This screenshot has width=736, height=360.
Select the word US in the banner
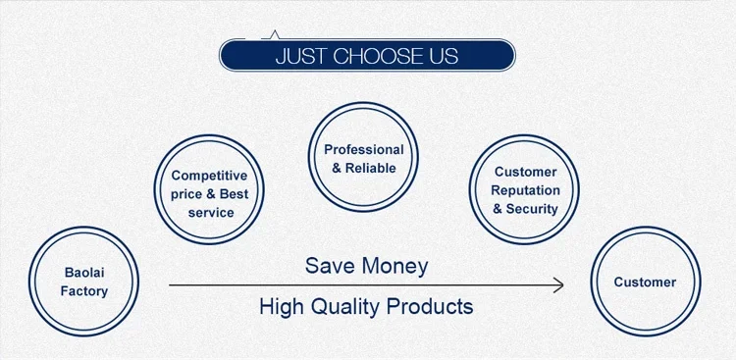444,56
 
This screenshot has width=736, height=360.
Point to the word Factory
84,291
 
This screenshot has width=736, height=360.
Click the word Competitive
209,176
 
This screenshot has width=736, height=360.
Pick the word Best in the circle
234,194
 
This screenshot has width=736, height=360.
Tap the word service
211,213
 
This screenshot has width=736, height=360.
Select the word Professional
364,150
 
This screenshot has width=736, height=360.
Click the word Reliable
371,168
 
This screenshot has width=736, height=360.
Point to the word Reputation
525,191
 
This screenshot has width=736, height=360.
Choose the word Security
532,209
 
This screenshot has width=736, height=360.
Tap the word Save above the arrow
326,266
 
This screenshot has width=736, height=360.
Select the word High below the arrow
281,307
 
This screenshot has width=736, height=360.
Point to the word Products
430,306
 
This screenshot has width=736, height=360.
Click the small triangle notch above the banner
275,34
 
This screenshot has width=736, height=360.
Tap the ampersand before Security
498,209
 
